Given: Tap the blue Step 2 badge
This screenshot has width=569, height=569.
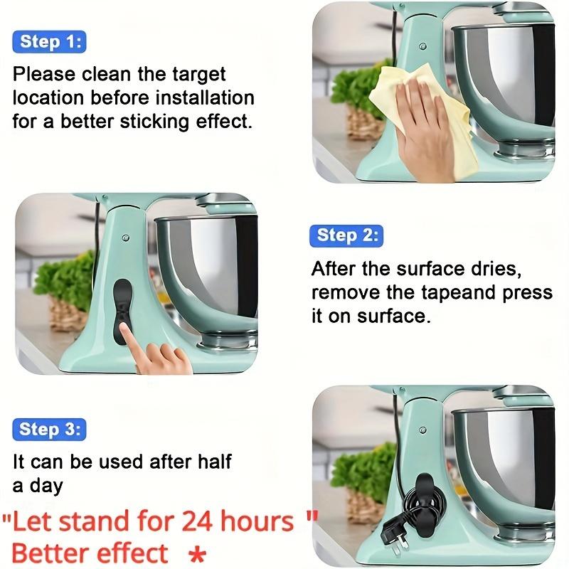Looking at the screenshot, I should click(346, 235).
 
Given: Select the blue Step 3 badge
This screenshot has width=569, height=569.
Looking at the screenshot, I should click(48, 430).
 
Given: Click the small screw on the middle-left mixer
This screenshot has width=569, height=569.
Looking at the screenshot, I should click(124, 237).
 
